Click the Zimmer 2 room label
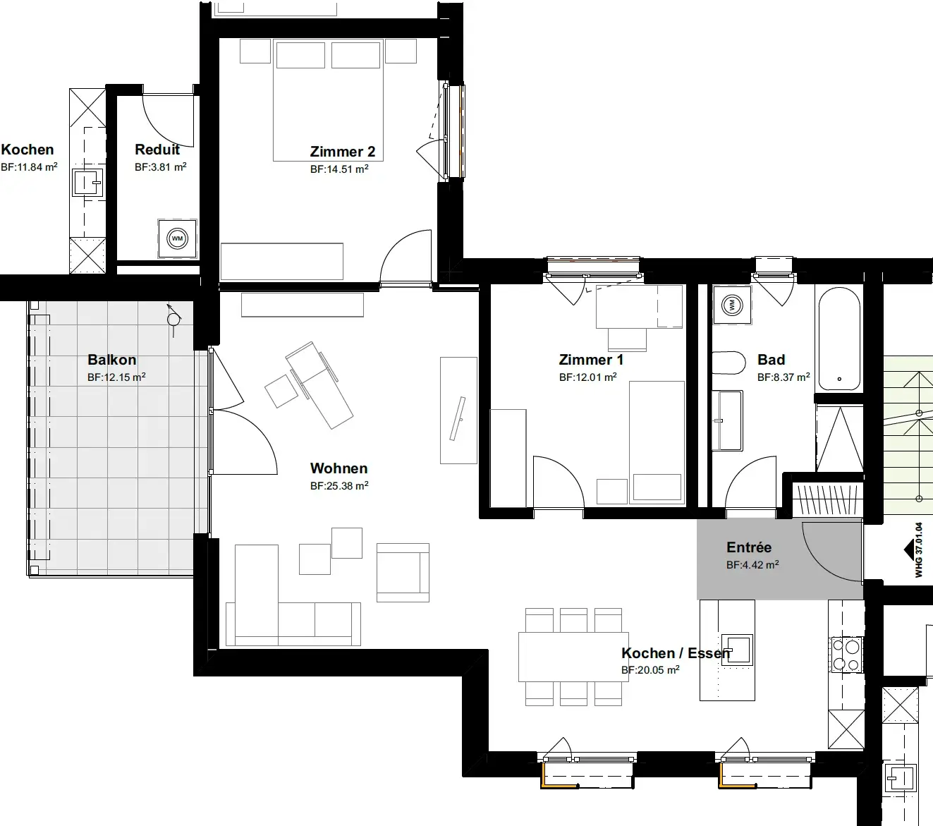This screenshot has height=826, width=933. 343,152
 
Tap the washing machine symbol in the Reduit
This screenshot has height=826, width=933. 177,238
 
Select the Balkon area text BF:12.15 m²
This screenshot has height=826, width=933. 116,377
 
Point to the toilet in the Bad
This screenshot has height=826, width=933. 728,363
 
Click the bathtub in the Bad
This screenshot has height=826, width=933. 839,339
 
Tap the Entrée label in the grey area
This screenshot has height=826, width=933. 749,547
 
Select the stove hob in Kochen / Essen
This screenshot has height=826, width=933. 846,654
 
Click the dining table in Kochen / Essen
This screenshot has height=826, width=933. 573,657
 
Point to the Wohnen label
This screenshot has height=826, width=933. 339,468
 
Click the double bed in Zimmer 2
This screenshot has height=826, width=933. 329,100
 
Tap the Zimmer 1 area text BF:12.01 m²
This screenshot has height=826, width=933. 588,377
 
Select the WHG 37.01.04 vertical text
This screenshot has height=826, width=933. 919,549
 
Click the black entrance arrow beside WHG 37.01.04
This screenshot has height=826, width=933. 909,549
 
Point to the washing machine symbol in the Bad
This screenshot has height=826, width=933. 732,305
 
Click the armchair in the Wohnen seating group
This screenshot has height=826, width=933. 403,573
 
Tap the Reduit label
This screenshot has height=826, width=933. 157,150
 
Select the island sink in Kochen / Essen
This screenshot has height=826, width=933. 737,650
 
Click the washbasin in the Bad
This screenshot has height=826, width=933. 727,420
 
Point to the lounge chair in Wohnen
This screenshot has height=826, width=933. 319,385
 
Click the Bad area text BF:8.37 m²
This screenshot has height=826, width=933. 783,377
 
